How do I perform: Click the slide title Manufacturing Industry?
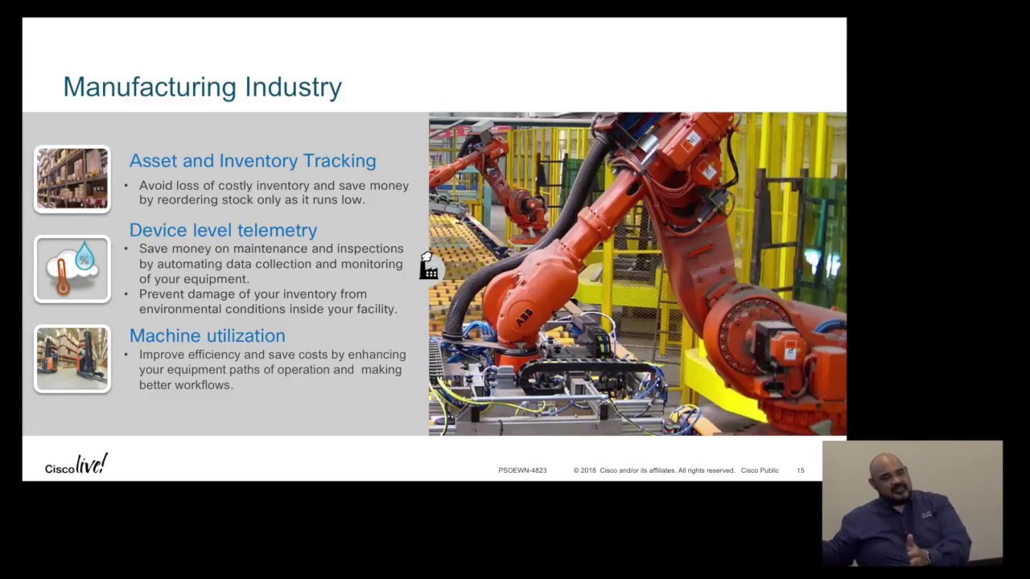pyautogui.click(x=202, y=87)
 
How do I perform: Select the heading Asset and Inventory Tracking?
pyautogui.click(x=252, y=161)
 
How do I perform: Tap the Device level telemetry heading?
pyautogui.click(x=223, y=231)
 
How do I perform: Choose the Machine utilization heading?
pyautogui.click(x=207, y=336)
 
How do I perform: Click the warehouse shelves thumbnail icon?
pyautogui.click(x=72, y=179)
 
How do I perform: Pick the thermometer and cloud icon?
pyautogui.click(x=72, y=269)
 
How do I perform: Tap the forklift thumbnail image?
pyautogui.click(x=72, y=359)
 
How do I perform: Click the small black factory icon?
pyautogui.click(x=428, y=267)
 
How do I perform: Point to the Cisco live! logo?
pyautogui.click(x=76, y=466)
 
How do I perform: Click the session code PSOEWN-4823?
pyautogui.click(x=522, y=470)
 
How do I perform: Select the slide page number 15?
pyautogui.click(x=800, y=470)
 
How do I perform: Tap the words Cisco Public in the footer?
pyautogui.click(x=759, y=470)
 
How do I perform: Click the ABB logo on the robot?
pyautogui.click(x=524, y=318)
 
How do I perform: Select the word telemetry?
pyautogui.click(x=282, y=231)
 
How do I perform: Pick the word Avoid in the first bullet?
pyautogui.click(x=155, y=186)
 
